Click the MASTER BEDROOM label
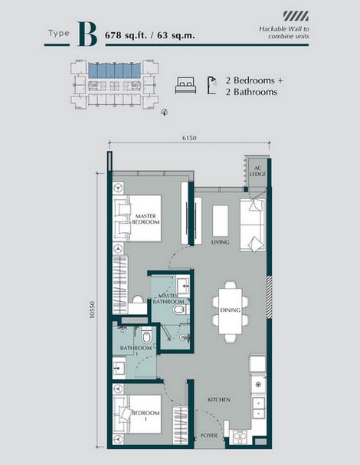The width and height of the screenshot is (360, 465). (146, 219)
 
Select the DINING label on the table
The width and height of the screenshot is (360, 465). (230, 310)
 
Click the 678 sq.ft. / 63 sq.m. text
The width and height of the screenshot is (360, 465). (155, 36)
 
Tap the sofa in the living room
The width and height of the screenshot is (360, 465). (252, 224)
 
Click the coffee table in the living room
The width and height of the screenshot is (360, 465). (221, 221)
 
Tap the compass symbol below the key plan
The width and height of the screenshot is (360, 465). (164, 112)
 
